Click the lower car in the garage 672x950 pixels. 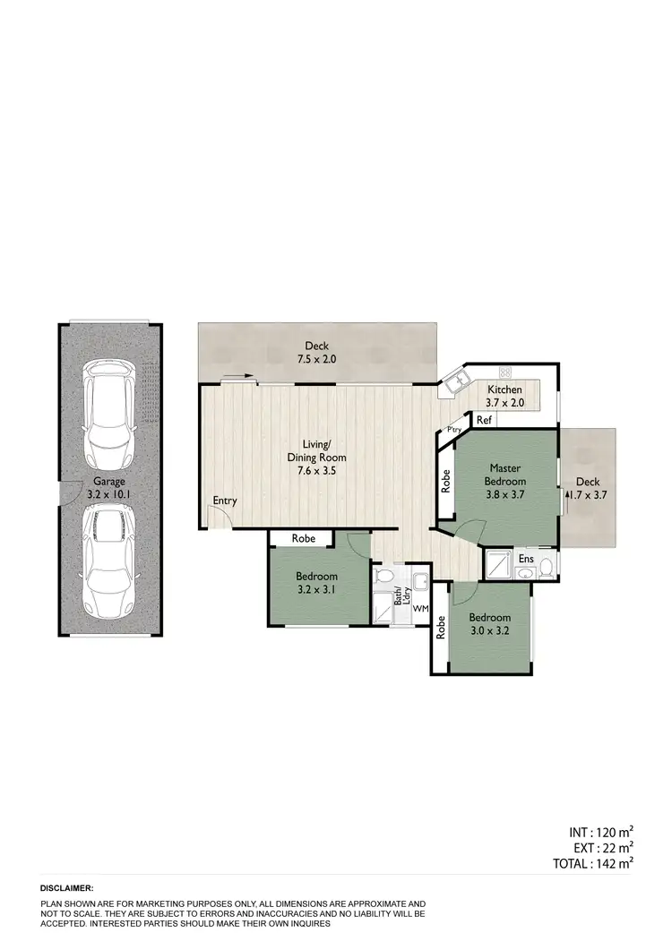112,561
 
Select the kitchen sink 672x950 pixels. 457,381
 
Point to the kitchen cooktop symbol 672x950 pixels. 504,372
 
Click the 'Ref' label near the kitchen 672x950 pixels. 484,420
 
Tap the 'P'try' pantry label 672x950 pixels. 453,431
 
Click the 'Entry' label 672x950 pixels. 225,501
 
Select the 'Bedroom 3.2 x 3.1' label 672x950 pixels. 317,582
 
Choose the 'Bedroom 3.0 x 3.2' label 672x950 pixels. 489,624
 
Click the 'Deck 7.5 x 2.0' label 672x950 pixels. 318,352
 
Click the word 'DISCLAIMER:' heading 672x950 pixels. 66,887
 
